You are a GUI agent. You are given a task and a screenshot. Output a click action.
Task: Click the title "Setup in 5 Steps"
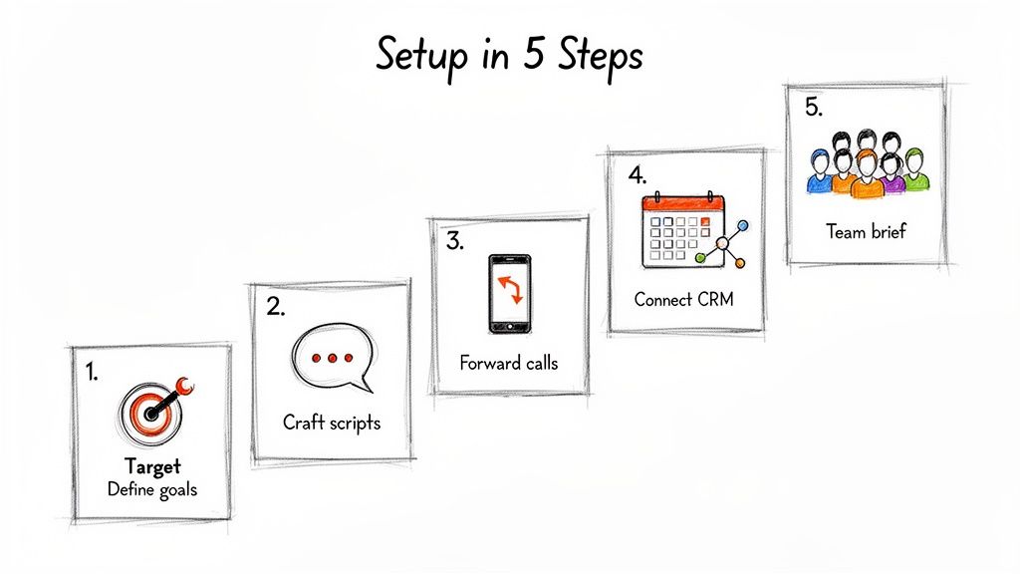pyautogui.click(x=509, y=55)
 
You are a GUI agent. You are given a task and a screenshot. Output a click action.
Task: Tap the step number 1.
pyautogui.click(x=92, y=373)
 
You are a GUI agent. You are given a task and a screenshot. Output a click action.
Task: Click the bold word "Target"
pyautogui.click(x=152, y=466)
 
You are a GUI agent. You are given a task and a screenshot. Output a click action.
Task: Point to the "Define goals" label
pyautogui.click(x=152, y=489)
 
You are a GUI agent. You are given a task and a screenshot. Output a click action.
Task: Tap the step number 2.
pyautogui.click(x=275, y=308)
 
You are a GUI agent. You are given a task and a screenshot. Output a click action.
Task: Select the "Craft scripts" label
pyautogui.click(x=332, y=423)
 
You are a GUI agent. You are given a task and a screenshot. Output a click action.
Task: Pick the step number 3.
pyautogui.click(x=454, y=240)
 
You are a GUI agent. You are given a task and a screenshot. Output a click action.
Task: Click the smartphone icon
pyautogui.click(x=509, y=294)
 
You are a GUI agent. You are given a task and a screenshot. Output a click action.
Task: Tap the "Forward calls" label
pyautogui.click(x=509, y=363)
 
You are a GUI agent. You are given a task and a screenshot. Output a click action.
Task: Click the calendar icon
pyautogui.click(x=681, y=230)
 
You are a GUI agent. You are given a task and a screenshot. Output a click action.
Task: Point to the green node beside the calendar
pyautogui.click(x=700, y=258)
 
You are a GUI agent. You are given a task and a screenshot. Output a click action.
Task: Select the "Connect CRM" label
pyautogui.click(x=683, y=299)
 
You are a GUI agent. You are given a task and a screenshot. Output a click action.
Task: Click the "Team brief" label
pyautogui.click(x=866, y=231)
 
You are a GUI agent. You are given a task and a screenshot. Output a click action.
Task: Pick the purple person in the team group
pyautogui.click(x=892, y=176)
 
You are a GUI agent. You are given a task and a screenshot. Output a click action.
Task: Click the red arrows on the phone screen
pyautogui.click(x=509, y=289)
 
